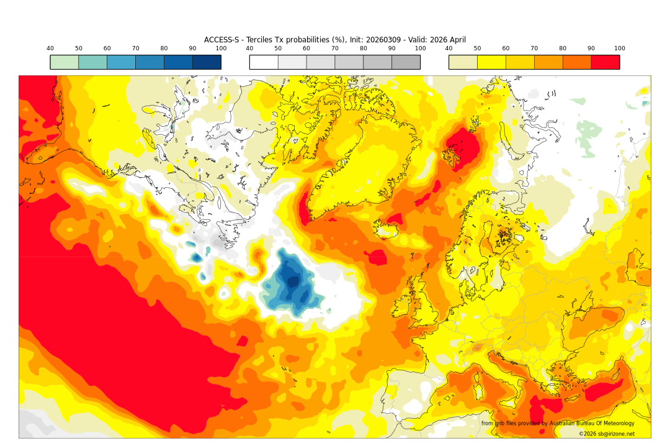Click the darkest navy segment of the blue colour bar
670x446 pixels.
207,62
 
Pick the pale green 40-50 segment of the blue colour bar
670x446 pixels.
65,62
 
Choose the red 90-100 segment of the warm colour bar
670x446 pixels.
605,62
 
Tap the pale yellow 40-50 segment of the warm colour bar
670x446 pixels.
463,62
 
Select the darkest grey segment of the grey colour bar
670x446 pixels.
406,62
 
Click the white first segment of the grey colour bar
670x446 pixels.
264,62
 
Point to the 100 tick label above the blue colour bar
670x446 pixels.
221,48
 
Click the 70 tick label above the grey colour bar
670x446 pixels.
335,48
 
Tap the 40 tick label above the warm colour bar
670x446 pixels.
449,48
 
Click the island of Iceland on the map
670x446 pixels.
388,230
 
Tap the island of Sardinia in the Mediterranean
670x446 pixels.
478,391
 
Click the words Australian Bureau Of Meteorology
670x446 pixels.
589,424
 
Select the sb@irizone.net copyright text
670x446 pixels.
614,434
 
